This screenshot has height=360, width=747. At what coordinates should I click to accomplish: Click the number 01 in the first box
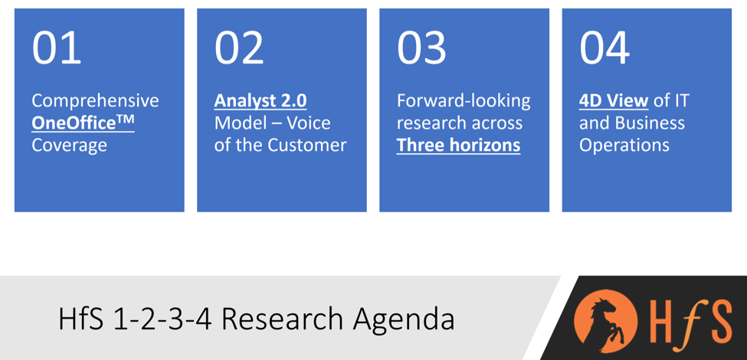click(x=56, y=47)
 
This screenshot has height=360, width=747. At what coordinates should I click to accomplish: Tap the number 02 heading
click(x=239, y=47)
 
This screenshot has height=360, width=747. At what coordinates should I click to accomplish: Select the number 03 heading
click(x=421, y=47)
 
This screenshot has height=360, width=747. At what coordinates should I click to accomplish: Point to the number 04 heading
click(x=604, y=47)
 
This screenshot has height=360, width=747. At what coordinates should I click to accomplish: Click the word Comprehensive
click(x=95, y=101)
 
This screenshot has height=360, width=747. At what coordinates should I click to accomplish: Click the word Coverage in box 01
click(x=69, y=146)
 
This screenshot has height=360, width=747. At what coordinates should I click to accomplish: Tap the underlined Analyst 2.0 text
click(x=260, y=101)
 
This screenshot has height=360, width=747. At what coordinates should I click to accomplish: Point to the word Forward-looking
click(x=464, y=101)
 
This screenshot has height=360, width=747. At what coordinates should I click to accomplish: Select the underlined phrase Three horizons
click(x=458, y=146)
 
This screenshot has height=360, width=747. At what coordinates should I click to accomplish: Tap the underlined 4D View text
click(x=614, y=101)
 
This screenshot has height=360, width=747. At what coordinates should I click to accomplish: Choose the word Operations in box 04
click(x=624, y=146)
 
